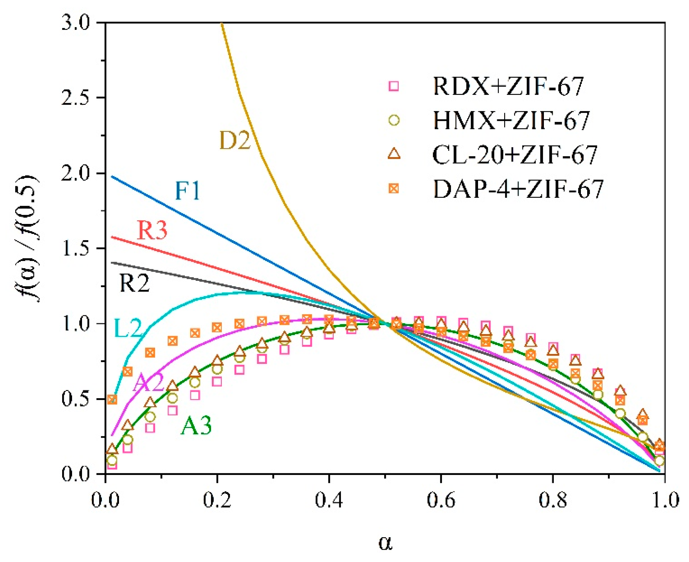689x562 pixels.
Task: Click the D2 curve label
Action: [x=234, y=140]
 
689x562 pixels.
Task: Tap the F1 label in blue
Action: [x=187, y=191]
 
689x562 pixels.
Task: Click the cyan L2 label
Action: [x=128, y=328]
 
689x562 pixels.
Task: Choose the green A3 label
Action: [x=196, y=425]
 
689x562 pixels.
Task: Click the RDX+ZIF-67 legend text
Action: [x=508, y=86]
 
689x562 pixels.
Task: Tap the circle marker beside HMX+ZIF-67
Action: [x=394, y=120]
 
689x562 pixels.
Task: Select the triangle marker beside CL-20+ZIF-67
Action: [x=394, y=154]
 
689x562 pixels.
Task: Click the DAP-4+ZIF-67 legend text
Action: [x=518, y=189]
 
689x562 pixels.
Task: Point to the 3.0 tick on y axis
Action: [x=76, y=23]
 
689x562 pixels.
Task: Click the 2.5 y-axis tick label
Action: [x=76, y=98]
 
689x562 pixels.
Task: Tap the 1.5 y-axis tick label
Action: [x=76, y=248]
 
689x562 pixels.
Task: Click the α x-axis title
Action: [x=385, y=543]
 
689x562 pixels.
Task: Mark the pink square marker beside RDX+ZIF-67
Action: [x=394, y=86]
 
